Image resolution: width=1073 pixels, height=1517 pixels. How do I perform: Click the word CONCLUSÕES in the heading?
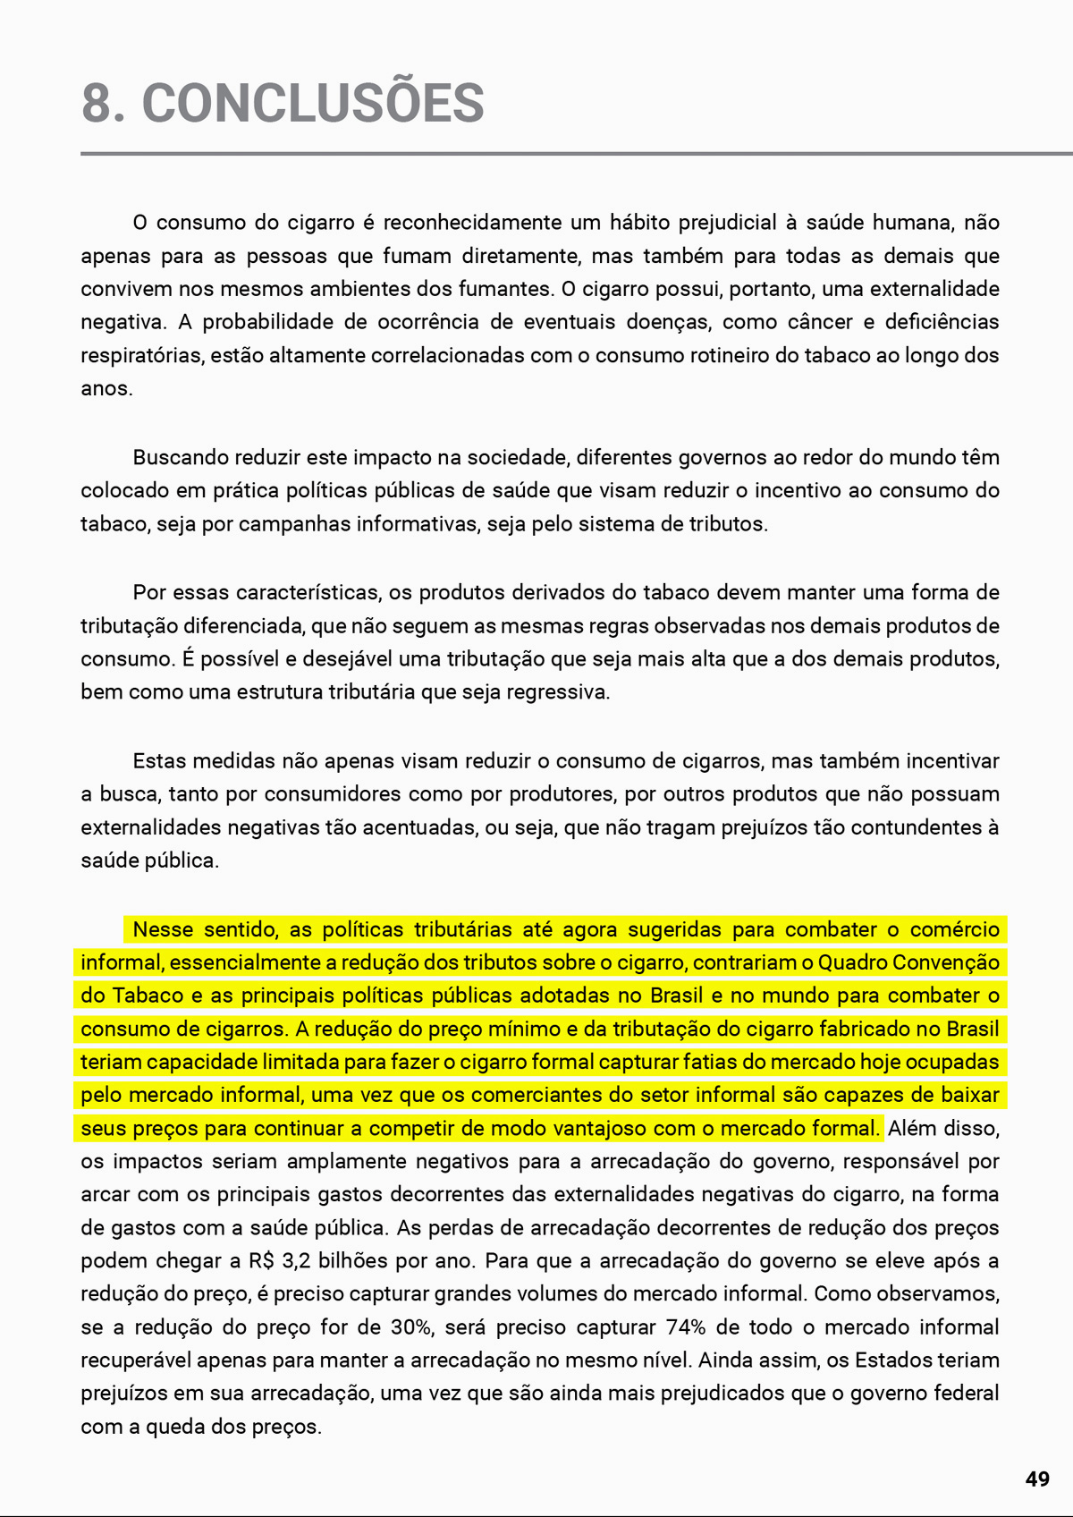[313, 103]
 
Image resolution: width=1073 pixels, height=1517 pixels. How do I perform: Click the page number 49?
[1037, 1479]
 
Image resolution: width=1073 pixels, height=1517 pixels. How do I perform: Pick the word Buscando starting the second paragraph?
[180, 458]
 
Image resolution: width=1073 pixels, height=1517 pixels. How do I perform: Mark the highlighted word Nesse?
[163, 930]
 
